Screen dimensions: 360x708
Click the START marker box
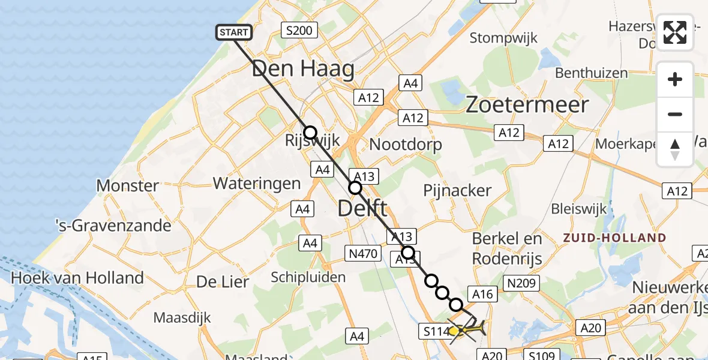coord(234,32)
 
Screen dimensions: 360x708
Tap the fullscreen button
coord(675,32)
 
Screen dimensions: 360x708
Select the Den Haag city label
coord(303,70)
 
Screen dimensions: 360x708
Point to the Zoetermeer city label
coord(527,105)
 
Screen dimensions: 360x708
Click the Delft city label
coord(362,209)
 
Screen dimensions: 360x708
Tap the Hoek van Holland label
coord(77,278)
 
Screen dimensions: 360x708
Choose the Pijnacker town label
coord(457,191)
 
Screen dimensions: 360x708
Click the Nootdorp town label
coord(406,145)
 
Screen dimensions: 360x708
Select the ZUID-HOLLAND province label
coord(614,238)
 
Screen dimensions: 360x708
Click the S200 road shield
coord(299,30)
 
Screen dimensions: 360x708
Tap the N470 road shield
coord(362,254)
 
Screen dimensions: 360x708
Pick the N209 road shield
coord(523,283)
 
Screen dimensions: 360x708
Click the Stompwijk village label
coord(503,38)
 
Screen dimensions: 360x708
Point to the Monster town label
coord(128,185)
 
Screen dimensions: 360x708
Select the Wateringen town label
coord(256,183)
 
